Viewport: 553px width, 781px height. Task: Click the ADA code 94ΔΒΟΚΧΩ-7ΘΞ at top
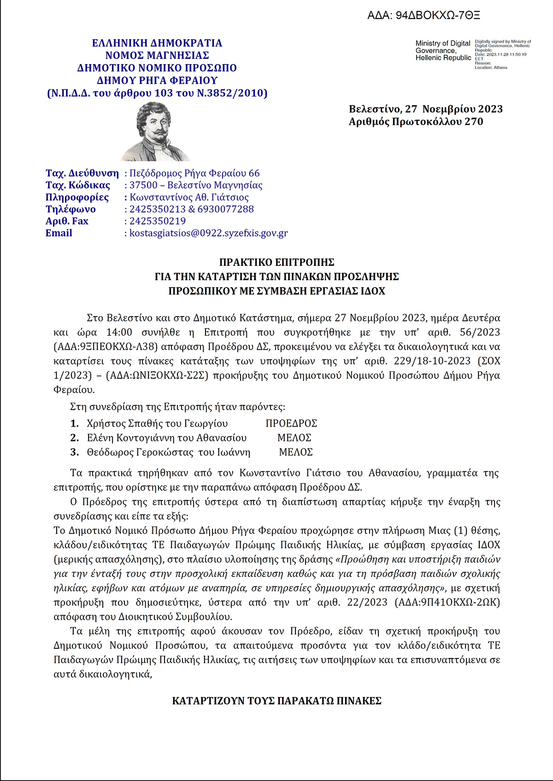424,16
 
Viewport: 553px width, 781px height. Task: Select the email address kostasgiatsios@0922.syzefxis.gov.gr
208,233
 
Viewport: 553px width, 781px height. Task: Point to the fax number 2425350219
158,221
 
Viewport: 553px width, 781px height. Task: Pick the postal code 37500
143,185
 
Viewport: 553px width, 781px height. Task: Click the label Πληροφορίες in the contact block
77,197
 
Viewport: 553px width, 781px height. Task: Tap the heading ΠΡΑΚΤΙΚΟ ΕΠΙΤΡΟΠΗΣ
276,263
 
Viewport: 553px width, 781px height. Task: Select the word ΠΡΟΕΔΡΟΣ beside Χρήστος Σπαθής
291,423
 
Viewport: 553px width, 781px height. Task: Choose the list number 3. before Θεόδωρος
75,452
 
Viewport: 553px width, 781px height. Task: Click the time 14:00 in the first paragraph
119,332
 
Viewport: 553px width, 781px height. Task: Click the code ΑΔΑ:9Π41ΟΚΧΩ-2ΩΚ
447,602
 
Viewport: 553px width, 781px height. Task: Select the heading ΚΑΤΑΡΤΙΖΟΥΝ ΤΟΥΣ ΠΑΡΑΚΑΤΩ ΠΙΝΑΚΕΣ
276,701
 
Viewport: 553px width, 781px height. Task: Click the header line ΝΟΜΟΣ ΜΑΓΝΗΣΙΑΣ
157,56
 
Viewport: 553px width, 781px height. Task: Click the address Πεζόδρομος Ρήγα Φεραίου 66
194,173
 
